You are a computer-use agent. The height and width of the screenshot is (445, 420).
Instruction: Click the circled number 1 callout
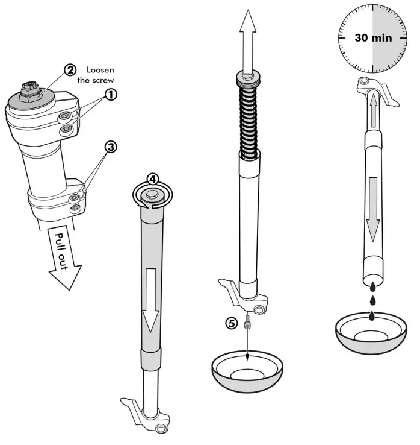pyautogui.click(x=111, y=94)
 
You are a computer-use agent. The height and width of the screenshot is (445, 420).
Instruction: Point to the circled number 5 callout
pyautogui.click(x=231, y=323)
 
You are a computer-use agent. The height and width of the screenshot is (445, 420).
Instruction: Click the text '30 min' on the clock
pyautogui.click(x=373, y=37)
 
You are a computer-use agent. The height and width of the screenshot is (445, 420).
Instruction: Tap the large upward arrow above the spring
pyautogui.click(x=249, y=40)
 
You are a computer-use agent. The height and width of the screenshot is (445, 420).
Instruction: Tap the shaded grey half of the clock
pyautogui.click(x=391, y=36)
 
